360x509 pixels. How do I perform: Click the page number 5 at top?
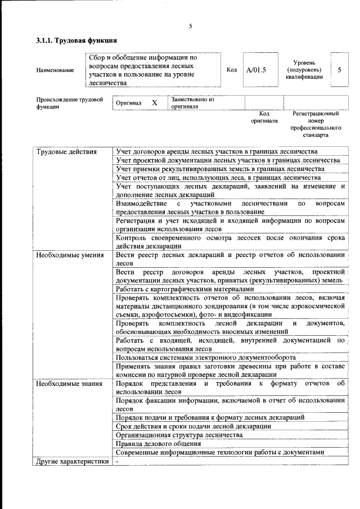pos(191,26)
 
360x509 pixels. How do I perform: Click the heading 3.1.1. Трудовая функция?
pos(76,40)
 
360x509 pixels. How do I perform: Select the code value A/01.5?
pos(256,70)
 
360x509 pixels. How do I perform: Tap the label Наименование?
pos(55,70)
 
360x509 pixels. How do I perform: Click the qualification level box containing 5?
pos(339,70)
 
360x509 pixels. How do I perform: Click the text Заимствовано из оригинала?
pos(193,103)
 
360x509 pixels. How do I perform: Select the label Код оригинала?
pos(264,118)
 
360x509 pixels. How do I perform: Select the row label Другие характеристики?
pos(72,462)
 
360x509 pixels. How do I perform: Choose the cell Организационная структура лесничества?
pos(179,435)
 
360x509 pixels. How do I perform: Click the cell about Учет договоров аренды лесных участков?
pos(217,152)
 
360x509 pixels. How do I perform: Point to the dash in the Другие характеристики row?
pos(118,462)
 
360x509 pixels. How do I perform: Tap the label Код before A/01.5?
pos(231,70)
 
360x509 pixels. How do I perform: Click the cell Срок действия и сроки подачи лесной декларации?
pos(193,426)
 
